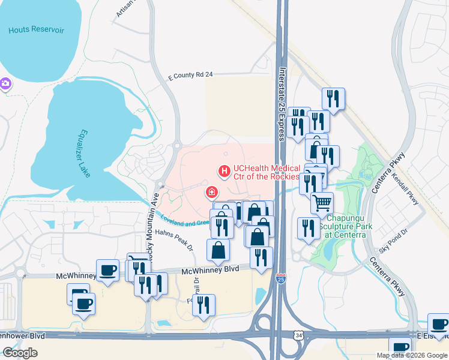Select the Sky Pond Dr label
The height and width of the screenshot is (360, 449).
point(393,241)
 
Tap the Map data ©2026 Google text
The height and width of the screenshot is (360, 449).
point(412,355)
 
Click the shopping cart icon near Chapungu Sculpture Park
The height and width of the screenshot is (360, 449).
point(322,203)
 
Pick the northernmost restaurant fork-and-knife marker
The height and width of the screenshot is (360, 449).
point(333,97)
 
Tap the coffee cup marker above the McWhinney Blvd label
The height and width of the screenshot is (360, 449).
point(107,270)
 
